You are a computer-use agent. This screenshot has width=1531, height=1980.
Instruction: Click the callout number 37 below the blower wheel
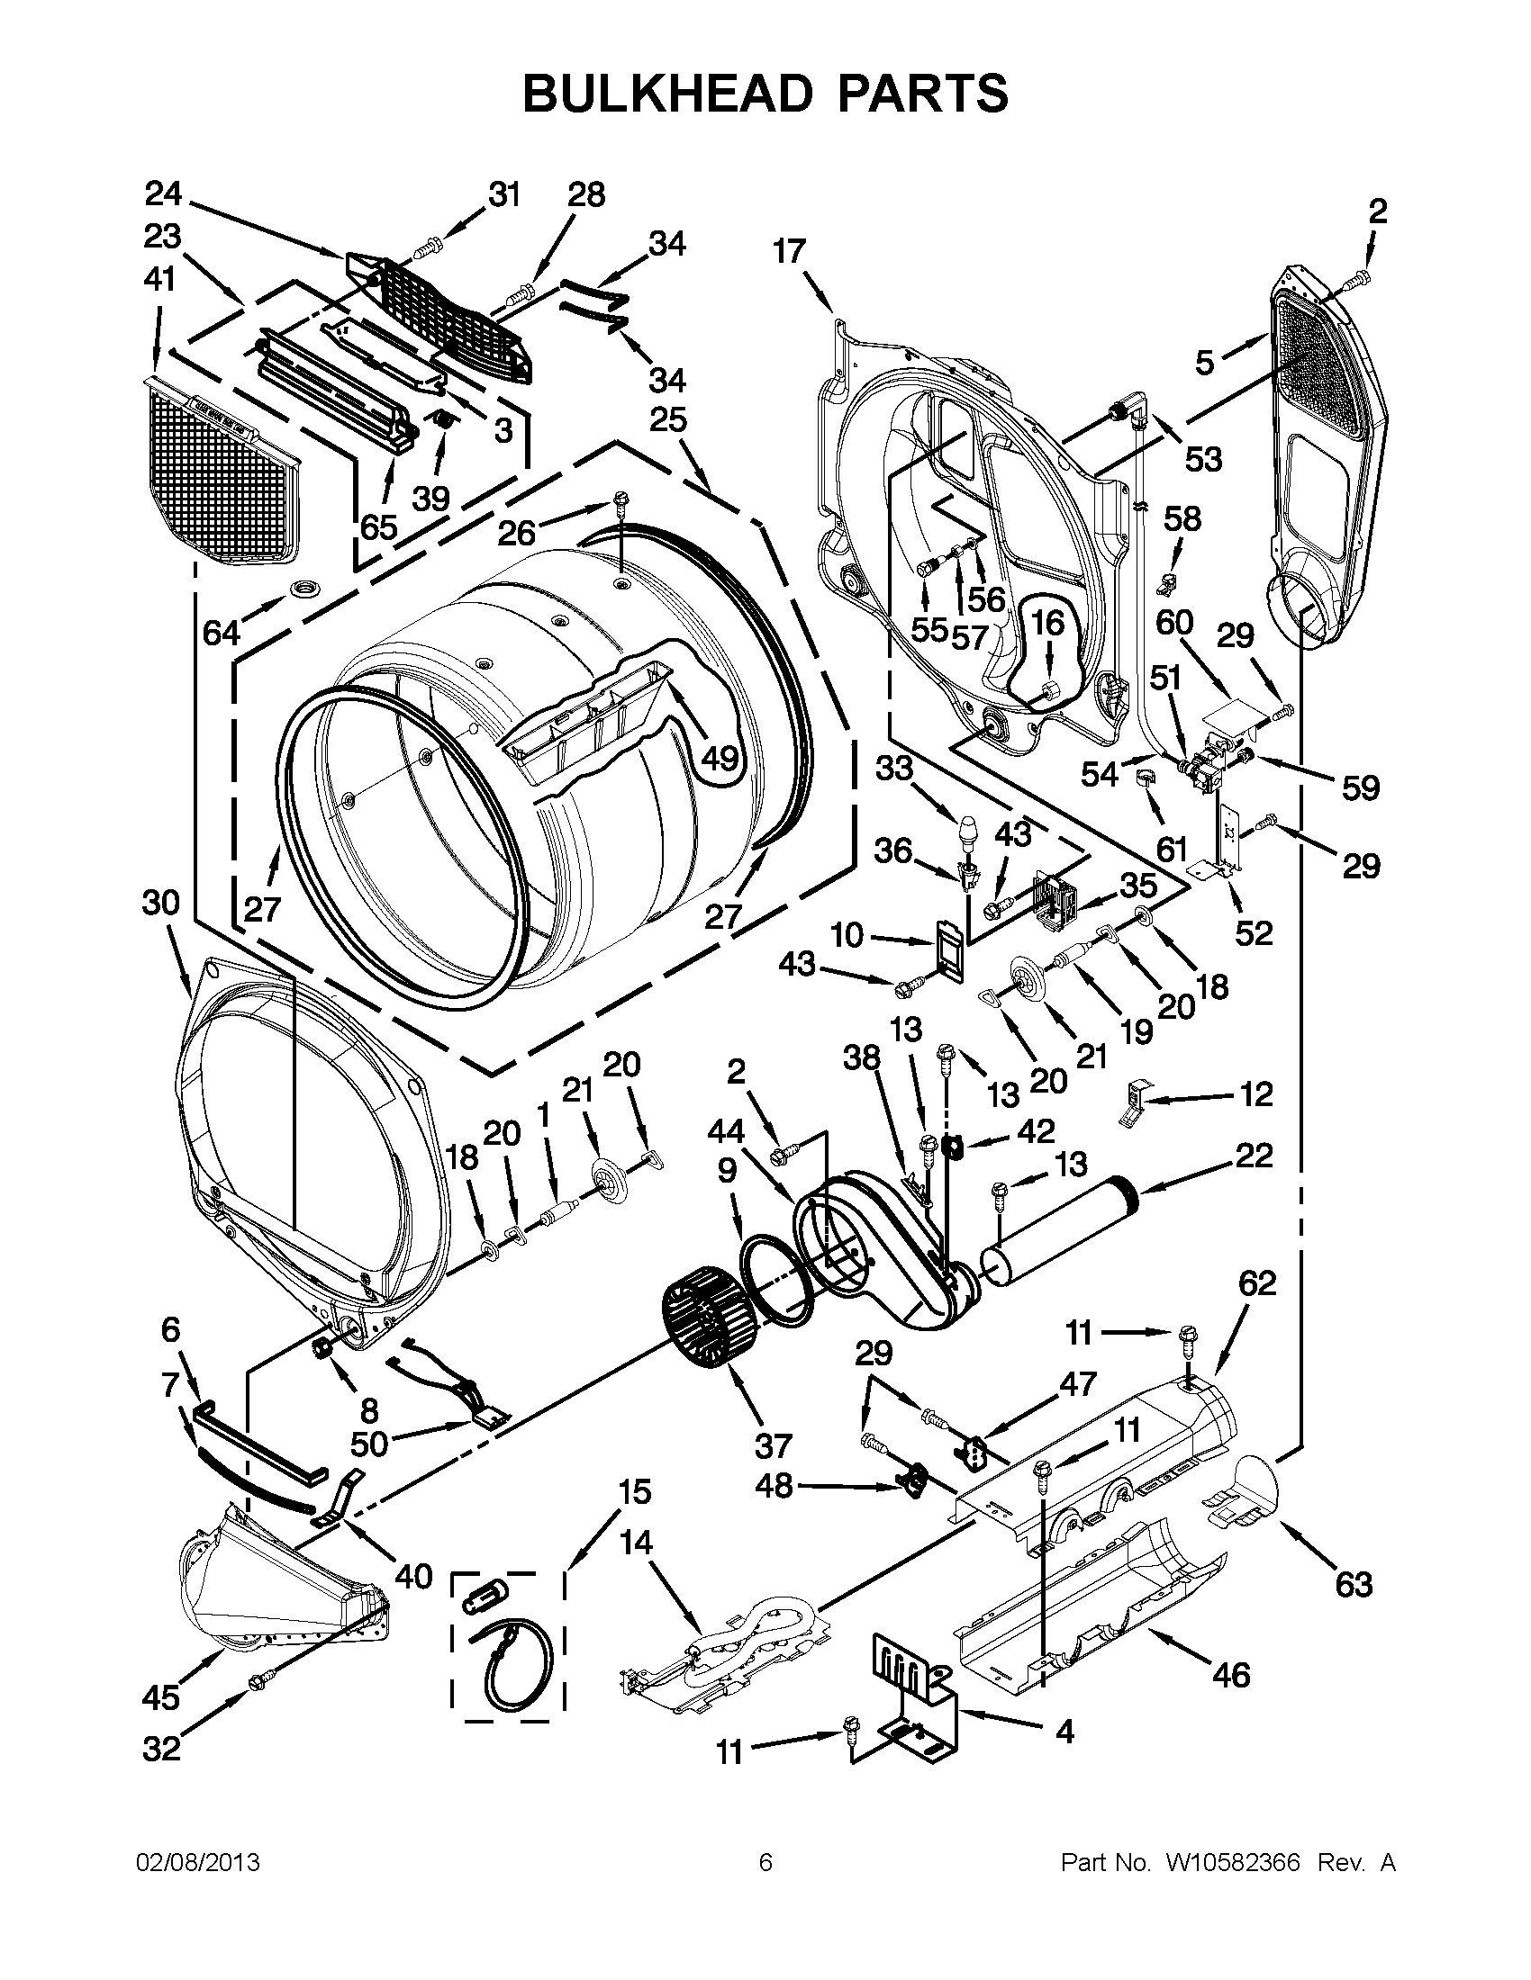772,1445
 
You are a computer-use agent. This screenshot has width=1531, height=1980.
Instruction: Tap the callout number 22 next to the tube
1254,1155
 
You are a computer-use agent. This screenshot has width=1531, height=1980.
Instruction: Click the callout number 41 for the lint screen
159,280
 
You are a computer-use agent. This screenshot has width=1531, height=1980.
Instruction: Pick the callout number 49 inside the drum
721,757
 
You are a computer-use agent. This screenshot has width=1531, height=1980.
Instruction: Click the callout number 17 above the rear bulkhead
789,251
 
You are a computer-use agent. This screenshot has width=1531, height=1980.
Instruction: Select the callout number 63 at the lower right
1354,1584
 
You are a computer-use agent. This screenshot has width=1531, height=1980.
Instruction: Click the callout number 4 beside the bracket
1064,1732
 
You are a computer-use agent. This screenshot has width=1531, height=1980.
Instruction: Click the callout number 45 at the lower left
160,1697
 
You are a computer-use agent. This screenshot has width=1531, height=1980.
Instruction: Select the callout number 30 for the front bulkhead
160,903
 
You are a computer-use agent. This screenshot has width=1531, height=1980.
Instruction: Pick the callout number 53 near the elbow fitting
1203,460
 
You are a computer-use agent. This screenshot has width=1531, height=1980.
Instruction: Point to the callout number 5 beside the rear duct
1203,363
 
